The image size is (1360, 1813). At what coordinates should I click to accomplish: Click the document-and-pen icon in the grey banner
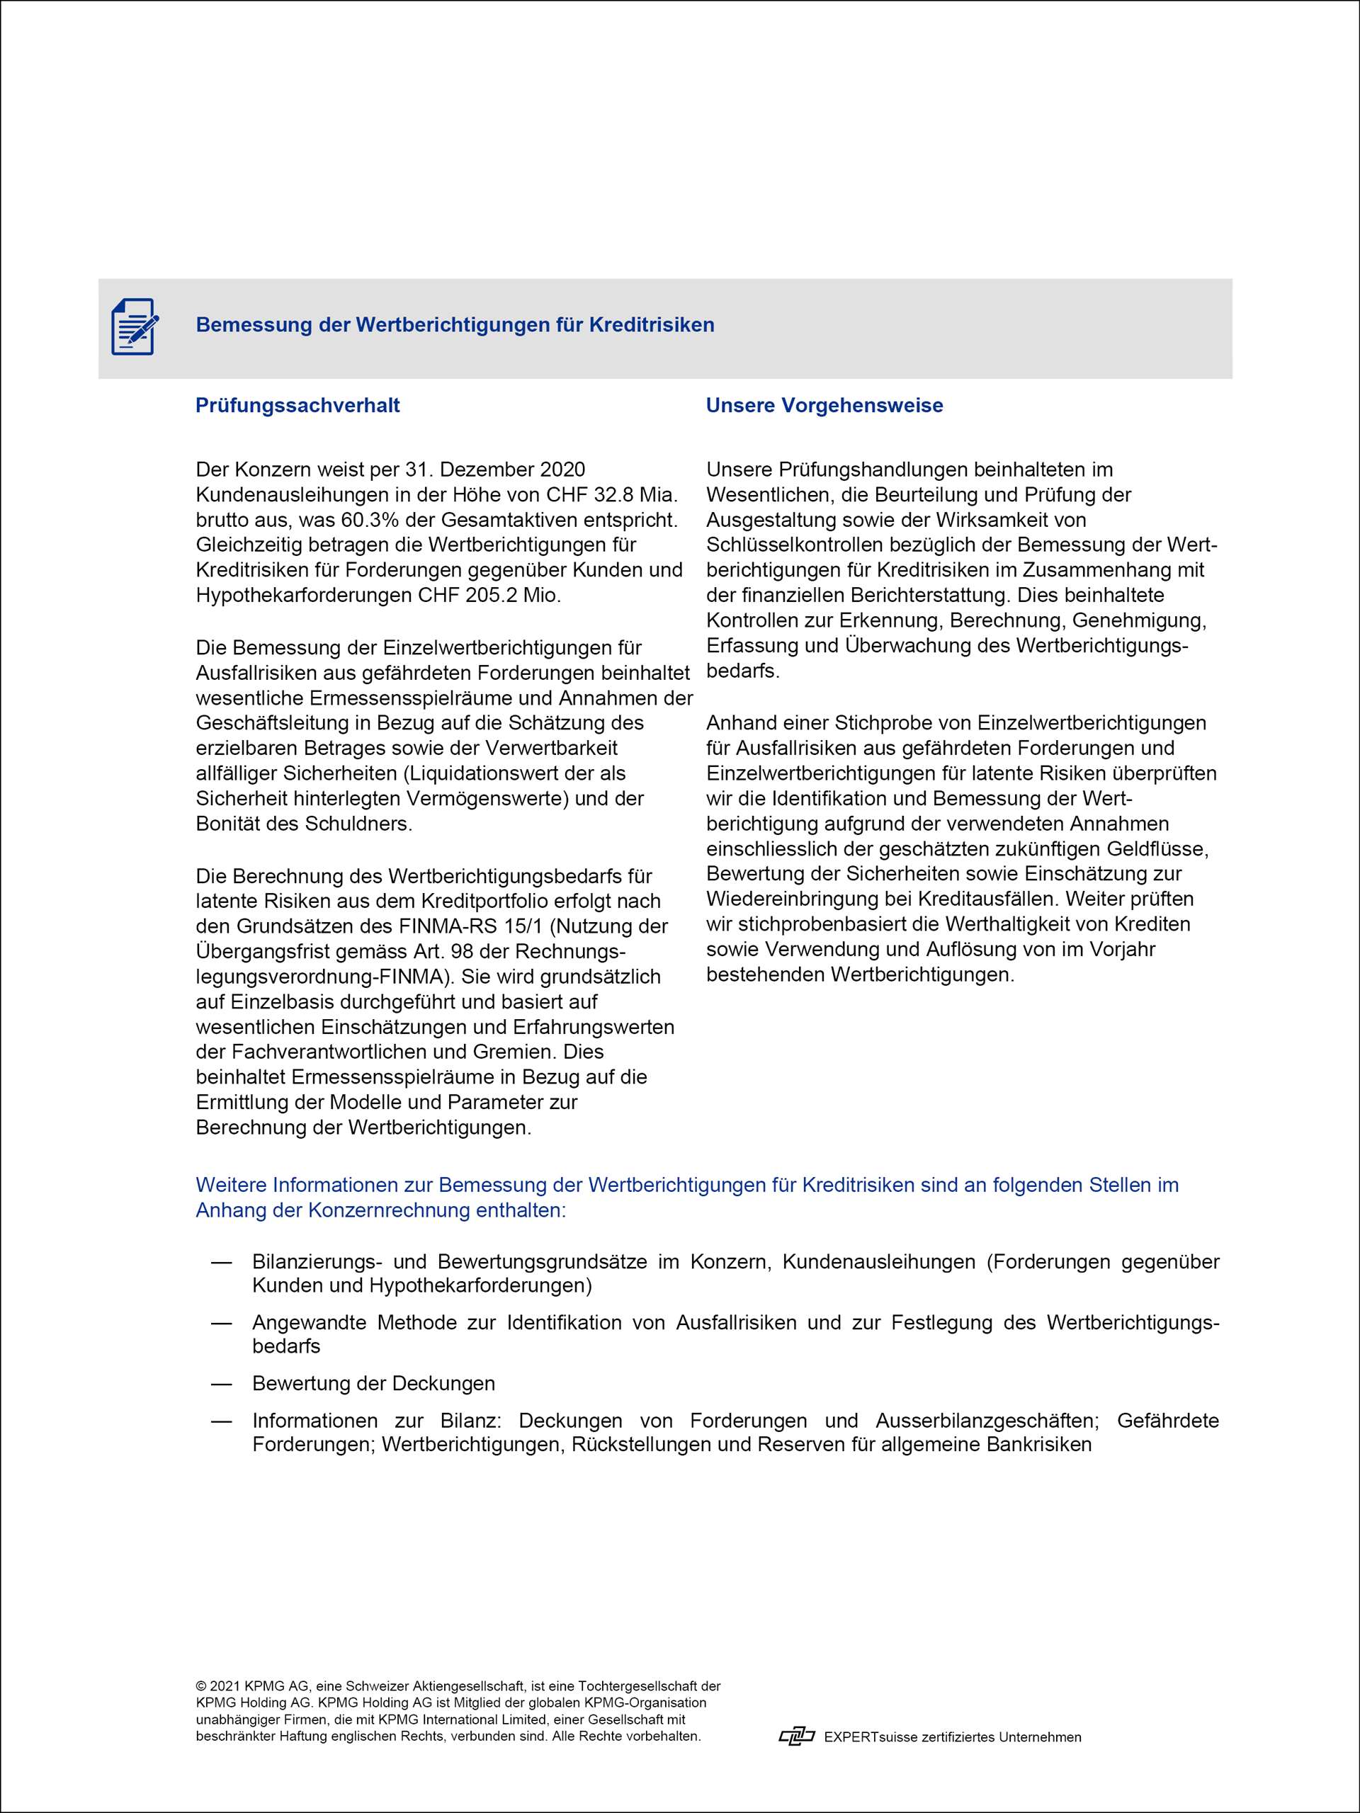[x=135, y=326]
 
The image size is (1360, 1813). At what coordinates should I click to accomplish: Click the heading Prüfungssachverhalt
[x=297, y=405]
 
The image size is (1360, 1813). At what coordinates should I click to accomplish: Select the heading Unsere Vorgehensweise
[x=824, y=405]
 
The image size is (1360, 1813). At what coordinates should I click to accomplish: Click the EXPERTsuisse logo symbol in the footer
[x=796, y=1736]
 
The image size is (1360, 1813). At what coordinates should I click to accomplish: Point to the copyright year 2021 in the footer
[x=225, y=1686]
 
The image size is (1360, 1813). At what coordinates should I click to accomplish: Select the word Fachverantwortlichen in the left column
[x=319, y=1052]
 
